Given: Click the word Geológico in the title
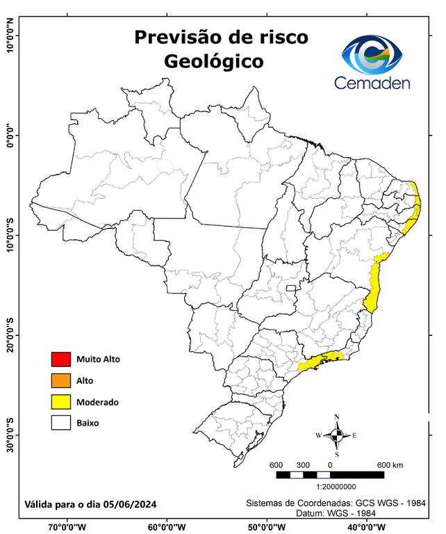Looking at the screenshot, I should [x=214, y=61].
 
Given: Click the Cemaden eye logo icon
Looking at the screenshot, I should [x=377, y=54].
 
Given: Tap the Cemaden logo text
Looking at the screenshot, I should [x=372, y=83].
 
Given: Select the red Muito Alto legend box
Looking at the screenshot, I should [x=61, y=359].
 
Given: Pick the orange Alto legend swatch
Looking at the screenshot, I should [x=61, y=380].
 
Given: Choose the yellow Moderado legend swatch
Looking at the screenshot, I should [x=61, y=402].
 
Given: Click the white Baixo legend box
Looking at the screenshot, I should [x=61, y=423].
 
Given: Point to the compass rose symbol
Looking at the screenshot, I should [x=337, y=435].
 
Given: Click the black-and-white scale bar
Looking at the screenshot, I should [x=330, y=475].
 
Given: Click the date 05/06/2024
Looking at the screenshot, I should [x=131, y=503].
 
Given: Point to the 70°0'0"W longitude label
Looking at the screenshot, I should [x=67, y=527].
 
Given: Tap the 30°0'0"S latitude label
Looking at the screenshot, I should [x=10, y=435].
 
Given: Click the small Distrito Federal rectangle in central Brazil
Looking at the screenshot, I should [x=290, y=286].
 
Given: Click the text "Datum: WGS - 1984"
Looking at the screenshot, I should [x=338, y=513].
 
